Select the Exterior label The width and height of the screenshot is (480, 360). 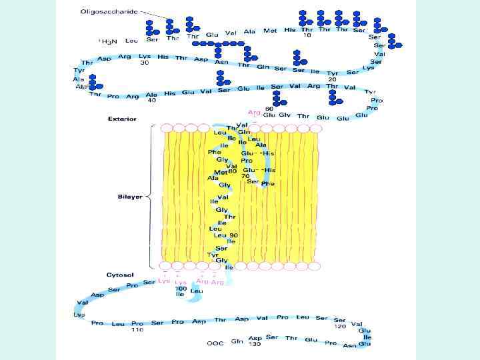122,119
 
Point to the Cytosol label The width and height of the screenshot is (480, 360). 121,275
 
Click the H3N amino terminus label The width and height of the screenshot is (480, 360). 108,41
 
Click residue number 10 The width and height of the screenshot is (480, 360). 307,36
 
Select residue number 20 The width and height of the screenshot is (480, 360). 331,79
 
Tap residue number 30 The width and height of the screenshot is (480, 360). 144,63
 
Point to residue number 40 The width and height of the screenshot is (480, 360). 152,101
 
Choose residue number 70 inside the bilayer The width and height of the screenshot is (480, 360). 245,176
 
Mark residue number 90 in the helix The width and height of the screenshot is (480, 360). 233,235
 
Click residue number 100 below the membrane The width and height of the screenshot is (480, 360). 180,288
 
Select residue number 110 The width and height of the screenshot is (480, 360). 137,330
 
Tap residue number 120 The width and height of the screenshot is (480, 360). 340,327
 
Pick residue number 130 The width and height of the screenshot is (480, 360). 255,344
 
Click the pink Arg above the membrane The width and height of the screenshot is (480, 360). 253,113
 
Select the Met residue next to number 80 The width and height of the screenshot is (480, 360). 221,172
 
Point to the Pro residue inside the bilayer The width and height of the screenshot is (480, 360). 247,161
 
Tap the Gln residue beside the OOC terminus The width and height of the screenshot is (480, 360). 236,341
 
